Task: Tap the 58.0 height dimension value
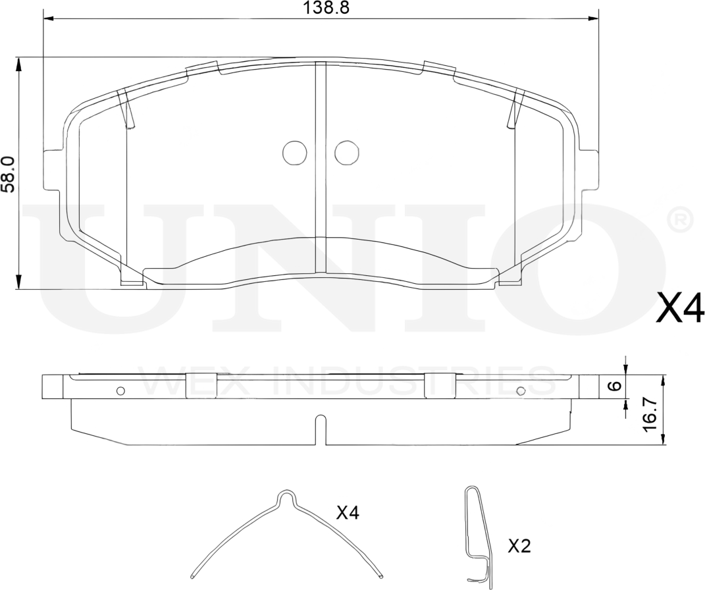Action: point(8,174)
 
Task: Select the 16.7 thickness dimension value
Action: point(650,414)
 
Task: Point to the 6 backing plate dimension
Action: point(614,387)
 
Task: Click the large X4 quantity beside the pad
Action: point(680,308)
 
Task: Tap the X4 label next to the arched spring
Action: point(347,513)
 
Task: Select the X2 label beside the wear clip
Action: point(519,546)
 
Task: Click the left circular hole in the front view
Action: point(294,153)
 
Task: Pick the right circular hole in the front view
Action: point(346,153)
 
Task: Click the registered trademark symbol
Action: point(679,220)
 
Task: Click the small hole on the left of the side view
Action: point(120,390)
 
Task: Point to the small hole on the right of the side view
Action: point(521,390)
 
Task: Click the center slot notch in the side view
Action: point(321,428)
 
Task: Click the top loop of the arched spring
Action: point(287,496)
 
